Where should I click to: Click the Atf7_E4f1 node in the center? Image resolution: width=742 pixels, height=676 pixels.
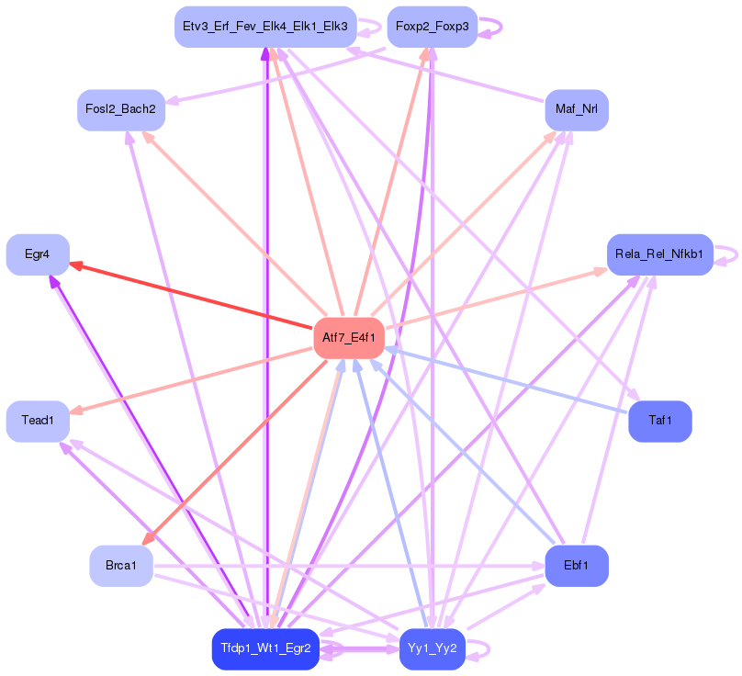point(349,338)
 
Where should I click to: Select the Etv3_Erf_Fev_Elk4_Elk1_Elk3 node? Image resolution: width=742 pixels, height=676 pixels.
point(264,27)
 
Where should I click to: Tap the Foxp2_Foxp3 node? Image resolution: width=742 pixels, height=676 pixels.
point(432,27)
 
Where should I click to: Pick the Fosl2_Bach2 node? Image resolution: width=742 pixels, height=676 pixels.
point(120,109)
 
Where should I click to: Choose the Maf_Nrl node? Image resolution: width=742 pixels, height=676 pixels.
point(577,110)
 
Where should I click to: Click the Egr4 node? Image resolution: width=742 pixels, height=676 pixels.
point(38,254)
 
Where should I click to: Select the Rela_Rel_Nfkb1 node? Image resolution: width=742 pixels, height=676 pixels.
point(659,254)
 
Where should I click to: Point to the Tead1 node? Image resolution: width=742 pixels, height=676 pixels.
point(38,421)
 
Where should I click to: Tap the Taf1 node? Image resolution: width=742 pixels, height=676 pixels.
point(659,421)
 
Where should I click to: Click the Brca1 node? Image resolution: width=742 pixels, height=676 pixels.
point(120,566)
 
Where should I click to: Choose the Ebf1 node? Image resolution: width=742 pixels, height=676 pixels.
point(577,566)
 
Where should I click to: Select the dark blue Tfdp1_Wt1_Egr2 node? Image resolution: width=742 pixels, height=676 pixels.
point(265,648)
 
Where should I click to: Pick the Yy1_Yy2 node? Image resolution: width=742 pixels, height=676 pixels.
point(432,648)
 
